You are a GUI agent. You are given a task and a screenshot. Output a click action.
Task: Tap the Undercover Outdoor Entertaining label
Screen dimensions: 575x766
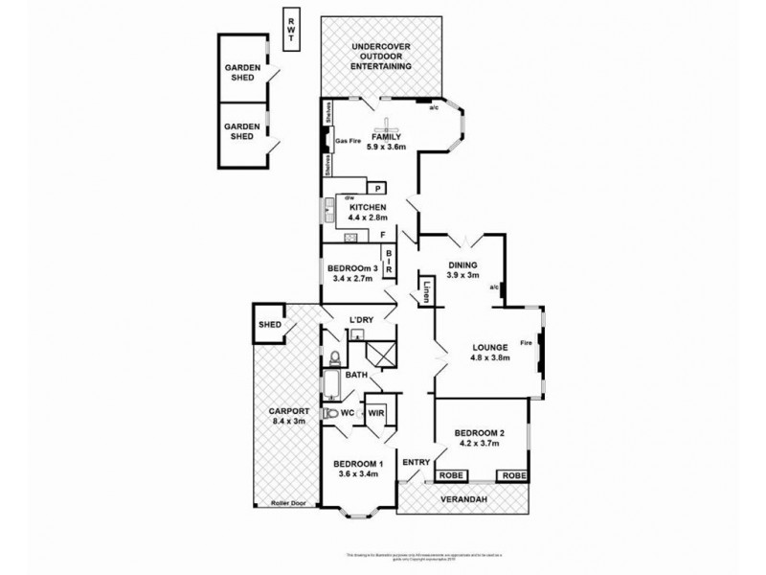(x=381, y=57)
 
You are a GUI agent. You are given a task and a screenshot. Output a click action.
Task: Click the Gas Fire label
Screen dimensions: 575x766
(x=348, y=142)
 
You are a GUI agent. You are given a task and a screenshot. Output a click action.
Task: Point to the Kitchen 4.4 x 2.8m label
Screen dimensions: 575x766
(x=368, y=213)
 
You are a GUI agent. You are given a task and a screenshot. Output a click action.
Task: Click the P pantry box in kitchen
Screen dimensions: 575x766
(x=378, y=190)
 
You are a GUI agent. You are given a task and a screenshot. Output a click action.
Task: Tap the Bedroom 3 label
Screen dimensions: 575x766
(x=352, y=273)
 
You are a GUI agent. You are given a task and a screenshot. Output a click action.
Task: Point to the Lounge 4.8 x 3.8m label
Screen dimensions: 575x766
(x=489, y=352)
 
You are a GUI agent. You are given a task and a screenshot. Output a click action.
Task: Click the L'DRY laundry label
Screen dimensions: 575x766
(x=361, y=319)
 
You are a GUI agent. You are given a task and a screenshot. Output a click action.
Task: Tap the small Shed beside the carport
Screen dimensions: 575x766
(x=269, y=325)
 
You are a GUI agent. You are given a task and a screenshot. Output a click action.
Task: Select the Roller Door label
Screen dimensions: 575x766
(x=288, y=502)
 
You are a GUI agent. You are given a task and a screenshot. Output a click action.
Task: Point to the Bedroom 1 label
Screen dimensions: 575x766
(x=358, y=470)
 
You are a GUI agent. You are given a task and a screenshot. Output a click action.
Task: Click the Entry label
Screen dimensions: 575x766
(x=417, y=463)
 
